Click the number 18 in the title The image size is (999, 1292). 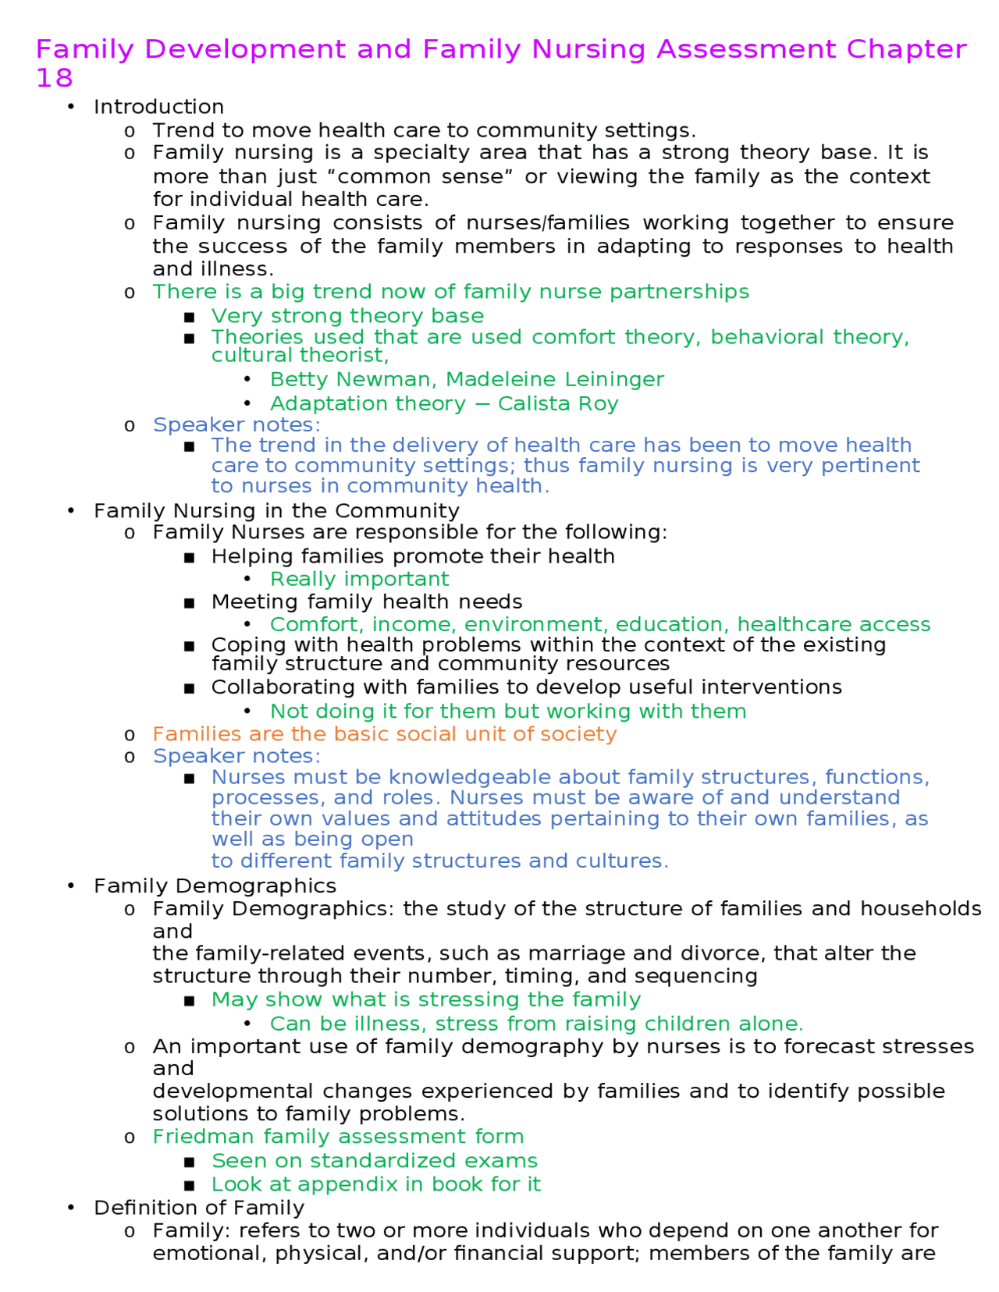[x=54, y=78]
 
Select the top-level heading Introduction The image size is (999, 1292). [x=158, y=107]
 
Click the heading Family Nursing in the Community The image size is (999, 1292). [x=276, y=510]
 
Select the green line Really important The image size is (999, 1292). [x=359, y=579]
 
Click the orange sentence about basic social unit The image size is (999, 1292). [x=384, y=734]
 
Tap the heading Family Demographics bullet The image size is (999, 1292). [x=215, y=886]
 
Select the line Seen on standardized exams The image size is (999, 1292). [x=375, y=1161]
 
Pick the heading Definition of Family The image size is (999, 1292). [x=199, y=1208]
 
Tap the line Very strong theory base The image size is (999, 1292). [x=347, y=316]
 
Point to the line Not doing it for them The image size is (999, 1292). [x=507, y=711]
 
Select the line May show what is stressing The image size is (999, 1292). [x=425, y=999]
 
